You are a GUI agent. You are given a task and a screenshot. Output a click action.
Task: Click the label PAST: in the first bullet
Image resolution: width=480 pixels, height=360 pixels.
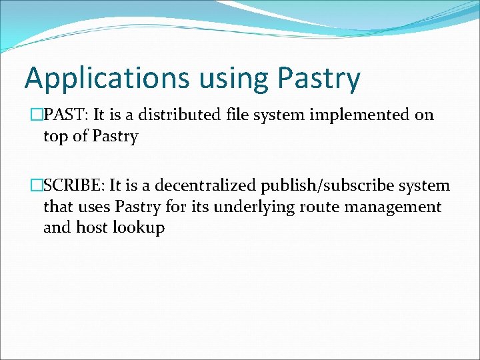[66, 115]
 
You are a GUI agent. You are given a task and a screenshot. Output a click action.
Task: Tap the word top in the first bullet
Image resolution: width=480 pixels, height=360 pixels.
[55, 137]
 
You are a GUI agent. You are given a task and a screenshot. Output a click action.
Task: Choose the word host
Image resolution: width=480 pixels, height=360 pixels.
[92, 228]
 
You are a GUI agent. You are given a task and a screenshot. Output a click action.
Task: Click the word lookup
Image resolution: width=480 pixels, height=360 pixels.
[138, 229]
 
